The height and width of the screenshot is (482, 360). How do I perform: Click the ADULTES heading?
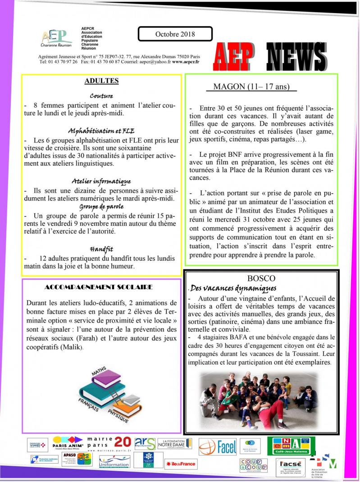pos(101,81)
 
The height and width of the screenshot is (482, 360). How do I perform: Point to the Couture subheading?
pos(101,96)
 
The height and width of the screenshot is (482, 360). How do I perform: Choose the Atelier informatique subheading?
pos(101,182)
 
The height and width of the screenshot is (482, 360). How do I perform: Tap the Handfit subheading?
pos(101,249)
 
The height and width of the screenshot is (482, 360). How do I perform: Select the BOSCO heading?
pos(261,278)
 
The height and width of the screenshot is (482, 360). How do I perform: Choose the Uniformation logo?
pos(114,462)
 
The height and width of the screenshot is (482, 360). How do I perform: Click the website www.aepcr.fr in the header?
pos(185,61)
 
